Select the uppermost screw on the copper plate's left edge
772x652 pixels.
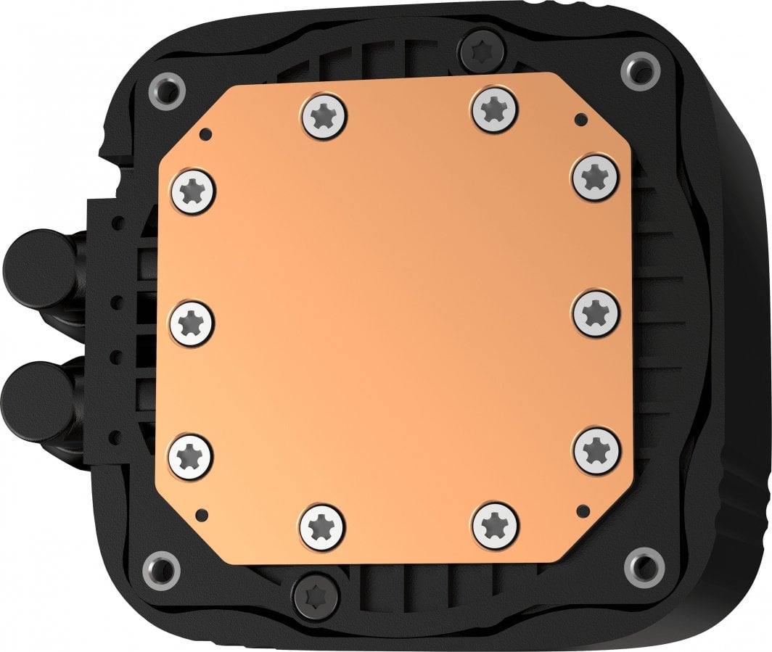tap(193, 191)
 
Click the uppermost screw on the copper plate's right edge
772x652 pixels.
tap(596, 176)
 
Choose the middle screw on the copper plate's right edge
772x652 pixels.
tap(596, 312)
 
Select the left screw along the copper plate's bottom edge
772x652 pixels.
tap(322, 524)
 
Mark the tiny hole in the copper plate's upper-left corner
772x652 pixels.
tap(206, 133)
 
